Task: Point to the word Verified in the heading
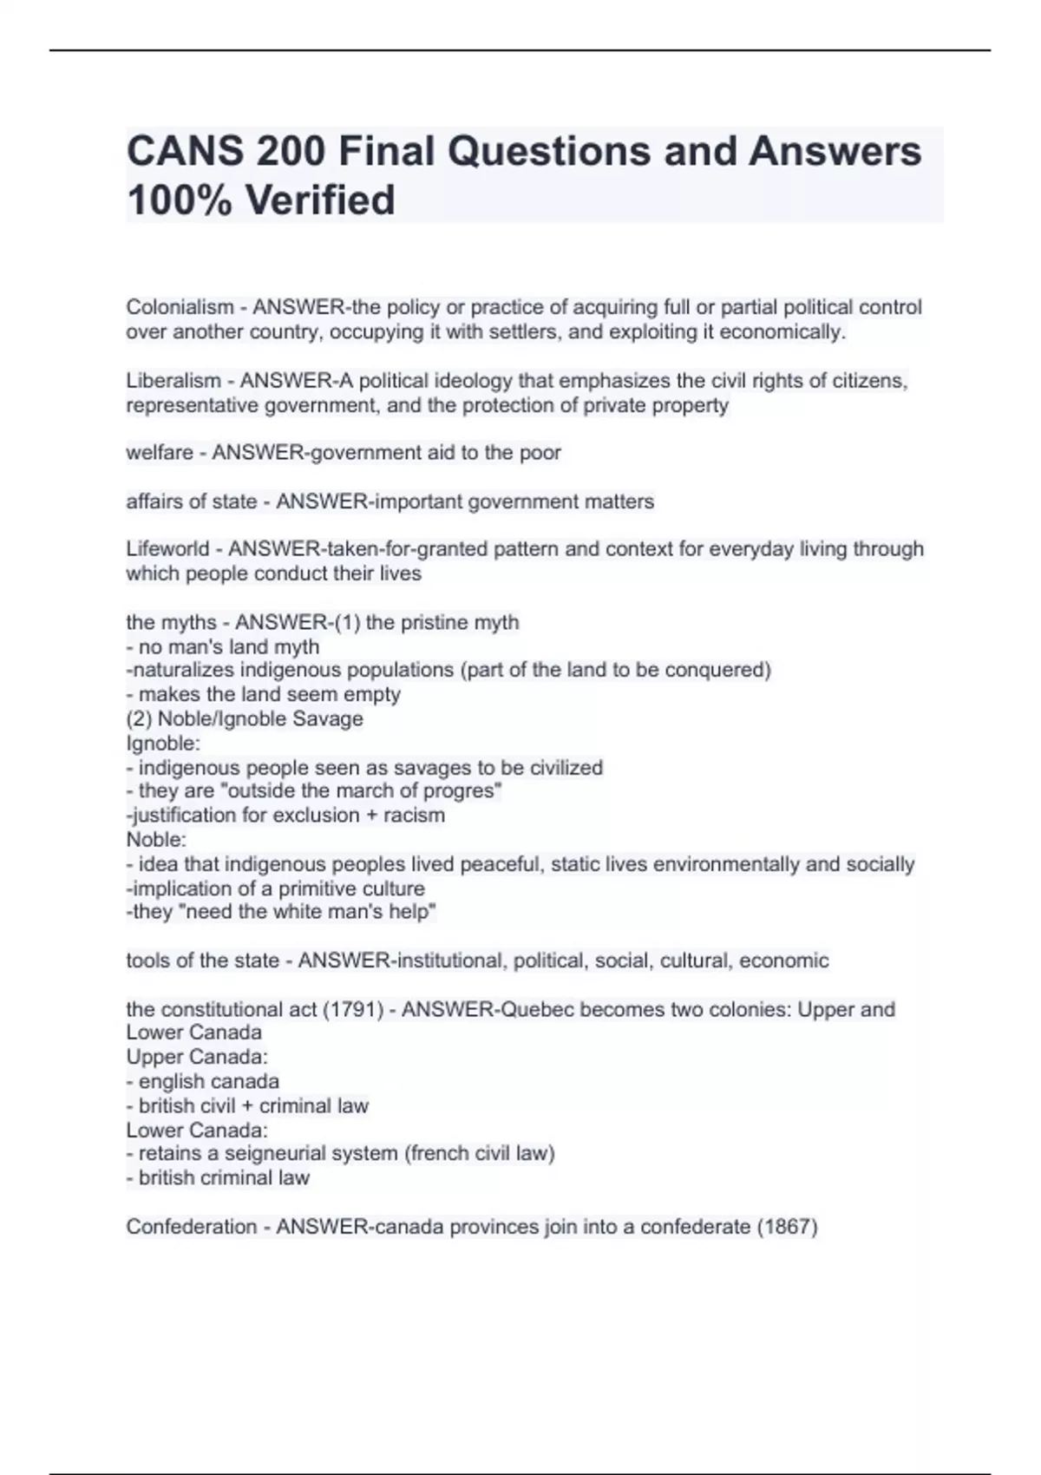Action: pos(319,200)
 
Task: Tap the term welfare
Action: pos(160,453)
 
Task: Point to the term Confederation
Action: pos(191,1227)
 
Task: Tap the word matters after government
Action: pos(619,501)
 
